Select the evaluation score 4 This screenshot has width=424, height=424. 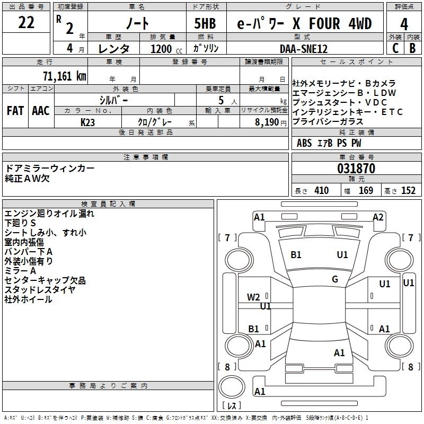tap(404, 24)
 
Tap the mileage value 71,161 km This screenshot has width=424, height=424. tap(65, 75)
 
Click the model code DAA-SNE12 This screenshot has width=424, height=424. tap(304, 49)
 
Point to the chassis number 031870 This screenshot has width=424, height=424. tap(356, 169)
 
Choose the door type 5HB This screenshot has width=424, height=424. tap(201, 24)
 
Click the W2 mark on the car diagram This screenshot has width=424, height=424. tap(253, 297)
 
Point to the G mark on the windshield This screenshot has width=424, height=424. tap(335, 279)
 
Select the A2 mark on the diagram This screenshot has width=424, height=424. tap(378, 217)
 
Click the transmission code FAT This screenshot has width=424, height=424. tap(15, 110)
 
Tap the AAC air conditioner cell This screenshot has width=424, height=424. tap(41, 110)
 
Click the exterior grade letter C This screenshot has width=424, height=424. tap(395, 48)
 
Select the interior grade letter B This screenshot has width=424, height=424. tap(412, 48)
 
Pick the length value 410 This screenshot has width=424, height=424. tap(321, 190)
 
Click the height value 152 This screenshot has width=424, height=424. tap(408, 190)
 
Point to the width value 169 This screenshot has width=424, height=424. tap(366, 190)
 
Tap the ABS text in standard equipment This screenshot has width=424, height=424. tap(304, 143)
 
